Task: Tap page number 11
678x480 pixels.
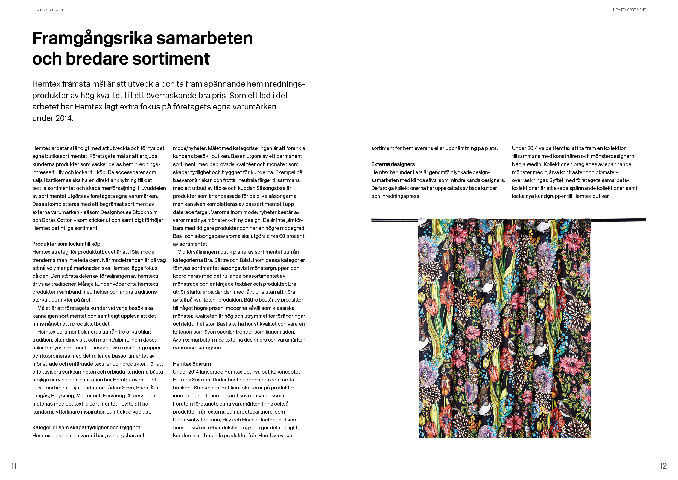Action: coord(14,466)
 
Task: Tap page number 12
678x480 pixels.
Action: coord(663,466)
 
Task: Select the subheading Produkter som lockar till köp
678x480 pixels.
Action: coord(66,244)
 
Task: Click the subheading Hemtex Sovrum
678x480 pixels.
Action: coord(192,364)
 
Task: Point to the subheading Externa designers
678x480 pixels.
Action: coord(393,164)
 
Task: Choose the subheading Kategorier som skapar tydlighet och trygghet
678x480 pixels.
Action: coord(86,428)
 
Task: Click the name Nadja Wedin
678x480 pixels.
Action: coord(527,164)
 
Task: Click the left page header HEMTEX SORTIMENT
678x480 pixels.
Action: coord(48,10)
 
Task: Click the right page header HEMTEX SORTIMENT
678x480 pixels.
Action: coord(629,10)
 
